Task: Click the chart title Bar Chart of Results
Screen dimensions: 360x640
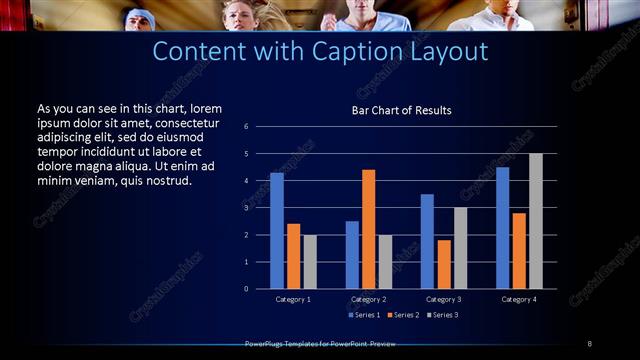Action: [401, 110]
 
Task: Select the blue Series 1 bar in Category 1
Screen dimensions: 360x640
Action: [277, 231]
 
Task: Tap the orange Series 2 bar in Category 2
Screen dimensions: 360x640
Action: [368, 229]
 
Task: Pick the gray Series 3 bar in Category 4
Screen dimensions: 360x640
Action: [536, 221]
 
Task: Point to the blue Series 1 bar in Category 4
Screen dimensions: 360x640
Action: [502, 228]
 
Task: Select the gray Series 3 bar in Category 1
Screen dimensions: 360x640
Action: [310, 262]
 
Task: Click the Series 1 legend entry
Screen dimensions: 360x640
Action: [363, 315]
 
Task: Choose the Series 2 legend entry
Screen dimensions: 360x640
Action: [402, 315]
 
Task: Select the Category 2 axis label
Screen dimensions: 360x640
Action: [368, 299]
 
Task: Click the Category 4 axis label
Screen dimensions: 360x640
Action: [519, 299]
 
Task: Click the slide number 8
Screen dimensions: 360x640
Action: [589, 344]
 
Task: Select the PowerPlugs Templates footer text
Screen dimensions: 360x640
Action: [320, 344]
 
